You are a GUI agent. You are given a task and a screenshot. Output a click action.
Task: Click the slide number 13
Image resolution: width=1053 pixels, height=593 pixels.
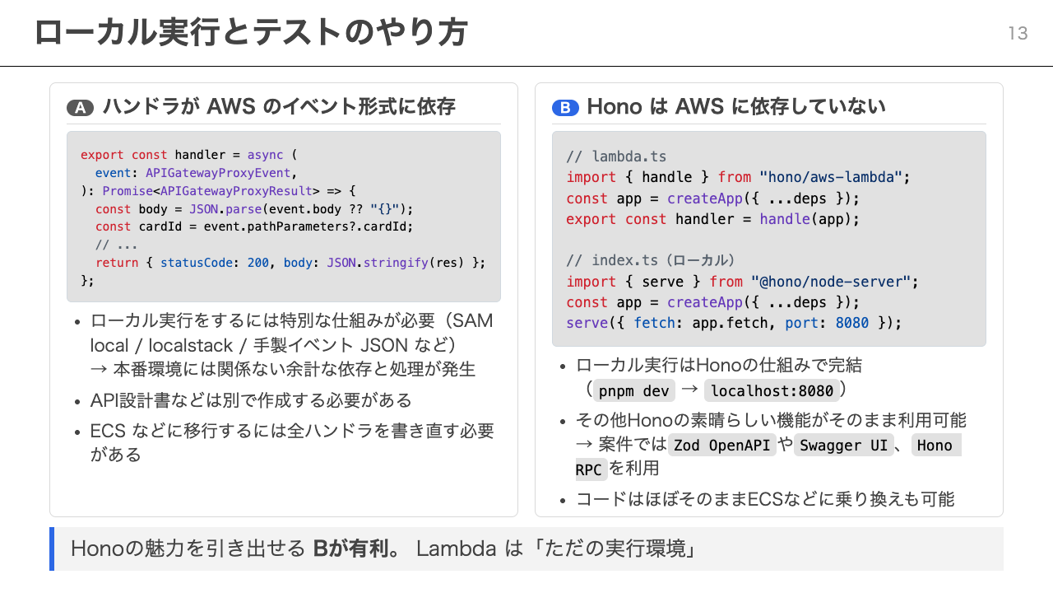click(1018, 34)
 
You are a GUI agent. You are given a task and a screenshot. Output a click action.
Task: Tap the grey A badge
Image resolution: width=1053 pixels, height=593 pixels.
click(81, 108)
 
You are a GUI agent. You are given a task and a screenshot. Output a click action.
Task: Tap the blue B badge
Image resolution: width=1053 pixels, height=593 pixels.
click(565, 108)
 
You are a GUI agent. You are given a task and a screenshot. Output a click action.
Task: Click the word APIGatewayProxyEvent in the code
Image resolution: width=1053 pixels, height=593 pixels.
click(218, 173)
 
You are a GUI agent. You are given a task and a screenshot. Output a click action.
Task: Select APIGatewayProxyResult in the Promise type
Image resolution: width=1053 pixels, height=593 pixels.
click(236, 191)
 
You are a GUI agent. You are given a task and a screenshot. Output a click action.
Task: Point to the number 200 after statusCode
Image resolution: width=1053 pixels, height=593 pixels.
click(258, 263)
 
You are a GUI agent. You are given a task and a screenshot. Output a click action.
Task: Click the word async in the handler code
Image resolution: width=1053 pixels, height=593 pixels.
click(265, 155)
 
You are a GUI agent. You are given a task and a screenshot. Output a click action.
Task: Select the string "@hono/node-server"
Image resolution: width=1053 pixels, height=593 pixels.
click(831, 282)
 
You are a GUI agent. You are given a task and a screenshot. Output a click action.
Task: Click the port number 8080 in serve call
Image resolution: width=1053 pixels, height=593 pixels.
click(851, 323)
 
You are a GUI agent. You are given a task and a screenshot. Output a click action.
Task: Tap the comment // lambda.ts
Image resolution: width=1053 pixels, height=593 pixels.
click(616, 156)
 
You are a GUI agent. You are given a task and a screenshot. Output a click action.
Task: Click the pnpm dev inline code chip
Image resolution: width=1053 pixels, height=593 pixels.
click(633, 390)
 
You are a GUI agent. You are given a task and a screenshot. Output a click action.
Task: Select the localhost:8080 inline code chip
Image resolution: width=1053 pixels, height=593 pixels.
click(772, 390)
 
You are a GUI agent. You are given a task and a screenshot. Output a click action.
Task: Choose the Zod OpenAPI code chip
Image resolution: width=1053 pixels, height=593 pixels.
click(721, 446)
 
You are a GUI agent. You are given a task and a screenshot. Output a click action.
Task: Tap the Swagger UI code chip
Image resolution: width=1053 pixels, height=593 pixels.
click(843, 446)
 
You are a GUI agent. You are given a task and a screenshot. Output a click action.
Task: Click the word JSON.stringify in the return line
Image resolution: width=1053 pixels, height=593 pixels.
click(378, 263)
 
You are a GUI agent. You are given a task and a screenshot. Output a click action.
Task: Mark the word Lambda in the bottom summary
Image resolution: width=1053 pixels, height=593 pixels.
click(456, 549)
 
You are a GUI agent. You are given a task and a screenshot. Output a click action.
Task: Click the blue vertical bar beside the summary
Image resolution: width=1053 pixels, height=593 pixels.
click(52, 549)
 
